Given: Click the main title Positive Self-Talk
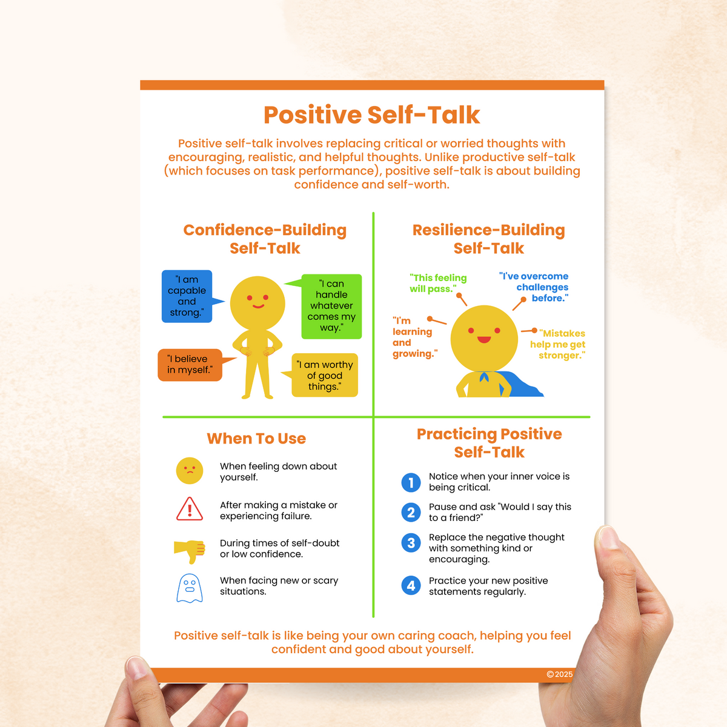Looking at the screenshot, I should click(x=371, y=115).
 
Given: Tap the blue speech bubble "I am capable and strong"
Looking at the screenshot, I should click(x=187, y=296).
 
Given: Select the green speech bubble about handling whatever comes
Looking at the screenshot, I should click(x=331, y=306).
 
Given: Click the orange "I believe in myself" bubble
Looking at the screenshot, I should click(x=190, y=365).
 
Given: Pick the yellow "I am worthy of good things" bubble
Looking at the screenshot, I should click(x=325, y=376).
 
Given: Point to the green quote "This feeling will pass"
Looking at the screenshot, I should click(x=437, y=283).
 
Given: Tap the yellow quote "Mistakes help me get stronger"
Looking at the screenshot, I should click(x=559, y=344).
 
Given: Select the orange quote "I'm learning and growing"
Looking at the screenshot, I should click(x=414, y=337).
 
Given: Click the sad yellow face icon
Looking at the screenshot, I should click(x=190, y=471).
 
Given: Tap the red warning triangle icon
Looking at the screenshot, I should click(x=190, y=510).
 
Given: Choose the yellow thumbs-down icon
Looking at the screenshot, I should click(x=190, y=549).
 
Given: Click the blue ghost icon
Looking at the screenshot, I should click(x=189, y=588).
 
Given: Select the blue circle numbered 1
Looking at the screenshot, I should click(x=411, y=482).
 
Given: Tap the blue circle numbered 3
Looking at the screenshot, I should click(x=411, y=543).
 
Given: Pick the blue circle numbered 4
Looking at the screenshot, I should click(x=411, y=585).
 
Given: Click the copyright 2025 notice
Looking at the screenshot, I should click(x=559, y=674).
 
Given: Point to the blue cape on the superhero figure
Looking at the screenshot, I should click(x=523, y=385).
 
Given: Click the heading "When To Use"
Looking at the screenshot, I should click(x=256, y=439).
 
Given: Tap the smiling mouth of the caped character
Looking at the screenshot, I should click(x=484, y=339).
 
